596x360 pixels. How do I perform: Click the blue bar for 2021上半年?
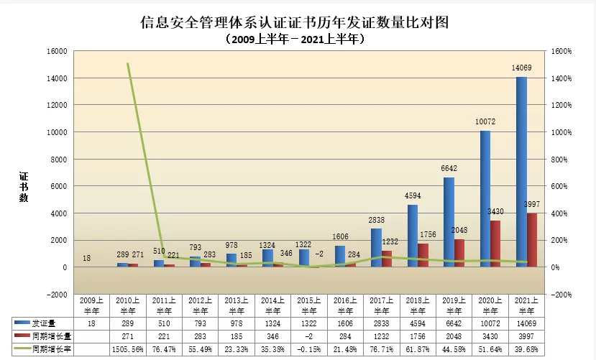point(521,172)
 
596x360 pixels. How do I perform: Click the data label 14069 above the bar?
point(521,68)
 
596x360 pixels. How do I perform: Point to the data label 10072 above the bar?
point(485,122)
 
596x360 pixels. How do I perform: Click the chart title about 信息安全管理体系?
point(294,22)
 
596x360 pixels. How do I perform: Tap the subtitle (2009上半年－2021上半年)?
point(294,40)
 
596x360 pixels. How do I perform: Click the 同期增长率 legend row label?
point(49,349)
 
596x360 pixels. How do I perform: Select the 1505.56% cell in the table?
point(128,349)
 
